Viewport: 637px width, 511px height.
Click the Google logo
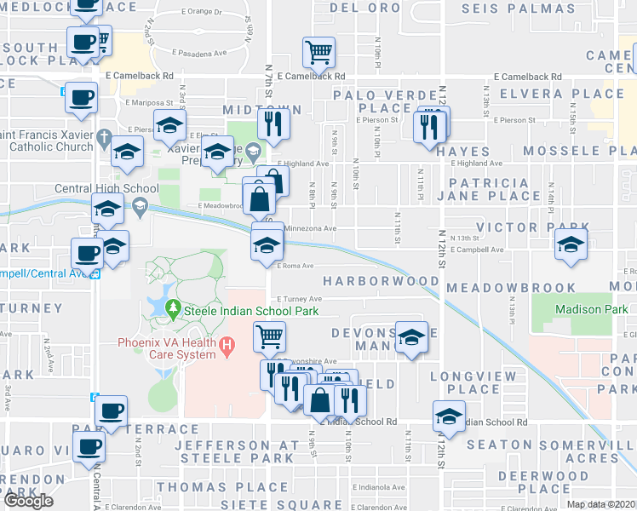coord(27,501)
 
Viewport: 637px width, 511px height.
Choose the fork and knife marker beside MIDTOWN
coord(274,124)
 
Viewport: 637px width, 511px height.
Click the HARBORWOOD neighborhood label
coord(381,281)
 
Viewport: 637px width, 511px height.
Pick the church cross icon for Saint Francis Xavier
coord(103,136)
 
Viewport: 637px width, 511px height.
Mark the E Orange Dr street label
coord(202,13)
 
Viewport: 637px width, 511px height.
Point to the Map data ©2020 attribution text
coord(601,504)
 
